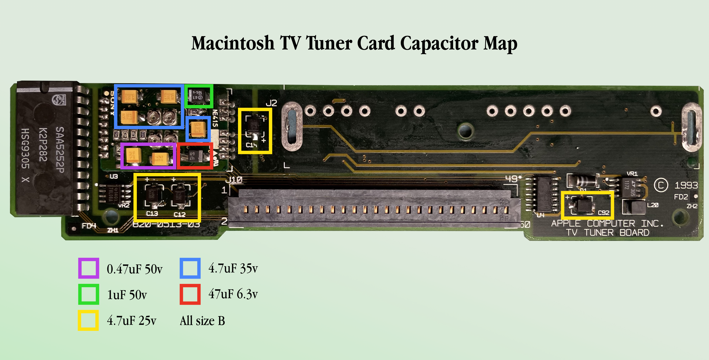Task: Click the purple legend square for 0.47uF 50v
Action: [x=88, y=268]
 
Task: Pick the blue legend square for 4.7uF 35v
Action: [x=190, y=268]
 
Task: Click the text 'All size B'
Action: [x=202, y=321]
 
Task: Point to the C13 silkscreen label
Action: [x=152, y=214]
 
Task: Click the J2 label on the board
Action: [x=271, y=103]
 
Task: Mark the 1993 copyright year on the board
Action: [x=686, y=185]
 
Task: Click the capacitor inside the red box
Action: [x=195, y=156]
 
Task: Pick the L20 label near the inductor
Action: [x=653, y=205]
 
